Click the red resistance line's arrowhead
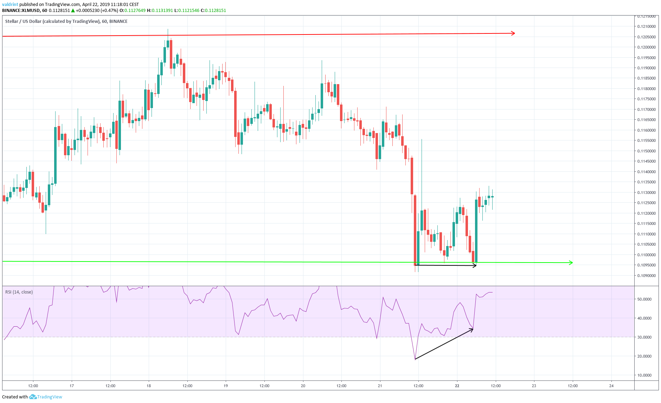click(513, 33)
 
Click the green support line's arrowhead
click(571, 263)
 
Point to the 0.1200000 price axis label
click(646, 47)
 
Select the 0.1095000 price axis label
click(646, 265)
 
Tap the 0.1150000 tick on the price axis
click(646, 151)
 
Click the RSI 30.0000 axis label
click(644, 337)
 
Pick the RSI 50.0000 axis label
click(644, 299)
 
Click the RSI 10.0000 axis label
click(644, 375)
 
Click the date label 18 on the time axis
click(149, 386)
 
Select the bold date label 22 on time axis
click(457, 386)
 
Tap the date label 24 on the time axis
click(611, 386)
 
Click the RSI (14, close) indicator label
click(19, 292)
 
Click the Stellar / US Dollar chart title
click(66, 21)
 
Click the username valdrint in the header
click(10, 5)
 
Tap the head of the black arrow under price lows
click(475, 265)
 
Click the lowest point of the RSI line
click(415, 359)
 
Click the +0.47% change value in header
click(109, 11)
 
